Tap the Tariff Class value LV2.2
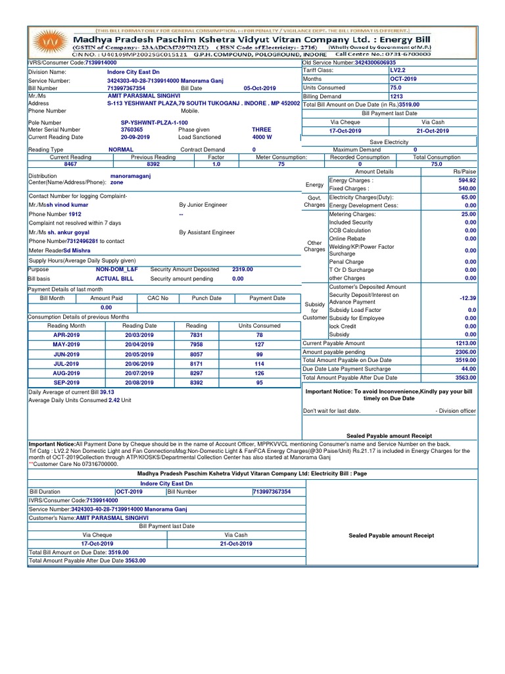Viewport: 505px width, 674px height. pyautogui.click(x=399, y=70)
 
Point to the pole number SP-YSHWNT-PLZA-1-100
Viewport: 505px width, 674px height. pyautogui.click(x=154, y=122)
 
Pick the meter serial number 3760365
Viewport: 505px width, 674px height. pyautogui.click(x=132, y=130)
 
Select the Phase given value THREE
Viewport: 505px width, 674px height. pyautogui.click(x=261, y=130)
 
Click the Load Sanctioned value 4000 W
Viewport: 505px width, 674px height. pyautogui.click(x=261, y=138)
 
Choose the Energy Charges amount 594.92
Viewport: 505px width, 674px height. pyautogui.click(x=468, y=180)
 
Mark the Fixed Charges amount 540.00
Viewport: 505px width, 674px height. pyautogui.click(x=468, y=188)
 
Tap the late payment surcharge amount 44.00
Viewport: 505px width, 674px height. pyautogui.click(x=469, y=369)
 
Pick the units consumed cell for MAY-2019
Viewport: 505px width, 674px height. pyautogui.click(x=259, y=344)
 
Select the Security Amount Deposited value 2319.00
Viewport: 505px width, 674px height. pyautogui.click(x=242, y=269)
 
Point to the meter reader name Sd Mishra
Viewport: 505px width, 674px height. pyautogui.click(x=77, y=251)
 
